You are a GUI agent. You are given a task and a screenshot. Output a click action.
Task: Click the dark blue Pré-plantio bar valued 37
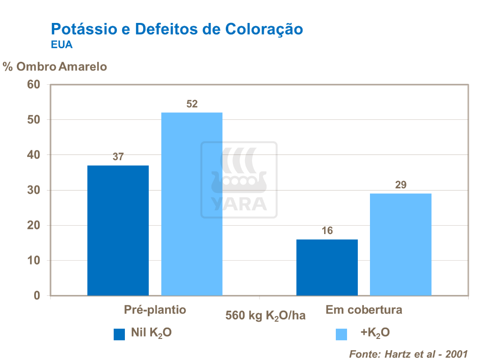[x=118, y=230]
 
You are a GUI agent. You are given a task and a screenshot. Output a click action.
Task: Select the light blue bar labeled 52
[x=192, y=204]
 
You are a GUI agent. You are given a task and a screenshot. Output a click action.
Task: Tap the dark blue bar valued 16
[x=327, y=267]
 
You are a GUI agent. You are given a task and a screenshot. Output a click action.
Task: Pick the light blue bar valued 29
[x=400, y=244]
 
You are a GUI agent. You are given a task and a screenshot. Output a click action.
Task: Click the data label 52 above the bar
[x=192, y=104]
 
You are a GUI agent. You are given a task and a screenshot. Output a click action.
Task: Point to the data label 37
[x=118, y=157]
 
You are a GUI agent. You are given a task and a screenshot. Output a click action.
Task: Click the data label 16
[x=327, y=231]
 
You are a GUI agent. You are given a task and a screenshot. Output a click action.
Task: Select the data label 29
[x=401, y=185]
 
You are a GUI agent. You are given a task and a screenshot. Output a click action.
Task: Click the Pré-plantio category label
[x=155, y=310]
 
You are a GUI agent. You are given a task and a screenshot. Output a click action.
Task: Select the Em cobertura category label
[x=364, y=310]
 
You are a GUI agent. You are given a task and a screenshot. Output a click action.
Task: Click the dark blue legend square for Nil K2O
[x=119, y=334]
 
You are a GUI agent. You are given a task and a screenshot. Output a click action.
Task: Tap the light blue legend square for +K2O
[x=341, y=334]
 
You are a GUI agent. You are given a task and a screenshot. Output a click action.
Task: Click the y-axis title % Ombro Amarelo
[x=55, y=66]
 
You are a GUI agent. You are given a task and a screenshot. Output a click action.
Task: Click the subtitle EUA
[x=61, y=45]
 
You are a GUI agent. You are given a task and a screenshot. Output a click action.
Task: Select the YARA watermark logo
[x=239, y=180]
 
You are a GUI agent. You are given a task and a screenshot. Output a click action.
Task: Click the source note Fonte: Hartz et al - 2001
[x=408, y=353]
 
